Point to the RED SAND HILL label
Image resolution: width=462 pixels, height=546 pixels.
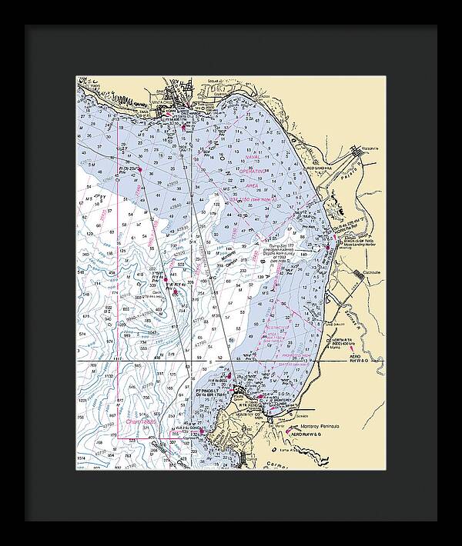322,167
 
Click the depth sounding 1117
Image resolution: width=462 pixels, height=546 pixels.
97,359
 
